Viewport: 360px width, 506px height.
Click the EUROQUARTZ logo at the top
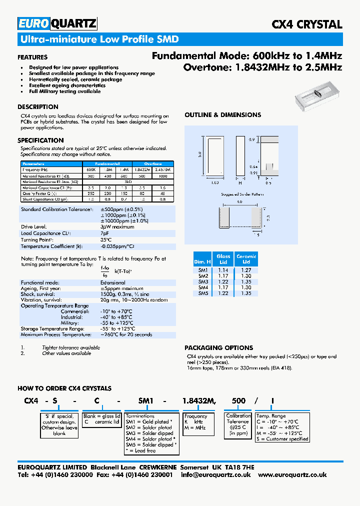click(57, 24)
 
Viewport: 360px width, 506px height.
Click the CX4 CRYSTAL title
click(306, 24)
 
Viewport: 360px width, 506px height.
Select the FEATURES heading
click(32, 57)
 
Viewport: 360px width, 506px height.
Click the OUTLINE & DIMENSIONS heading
click(222, 115)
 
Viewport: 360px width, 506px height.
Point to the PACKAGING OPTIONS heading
click(218, 347)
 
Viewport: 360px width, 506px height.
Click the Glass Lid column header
click(223, 258)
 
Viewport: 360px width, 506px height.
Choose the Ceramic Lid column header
click(246, 258)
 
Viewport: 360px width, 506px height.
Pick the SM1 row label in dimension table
click(203, 270)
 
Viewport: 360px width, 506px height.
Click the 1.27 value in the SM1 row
click(246, 270)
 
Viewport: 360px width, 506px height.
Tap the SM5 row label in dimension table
click(203, 293)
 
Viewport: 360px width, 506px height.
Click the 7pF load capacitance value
click(105, 233)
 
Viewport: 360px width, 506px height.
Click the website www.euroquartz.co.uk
click(292, 474)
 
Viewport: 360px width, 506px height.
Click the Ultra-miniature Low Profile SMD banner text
click(98, 39)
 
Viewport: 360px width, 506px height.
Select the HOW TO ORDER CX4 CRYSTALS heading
click(64, 388)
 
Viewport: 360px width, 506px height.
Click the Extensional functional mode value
click(113, 282)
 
